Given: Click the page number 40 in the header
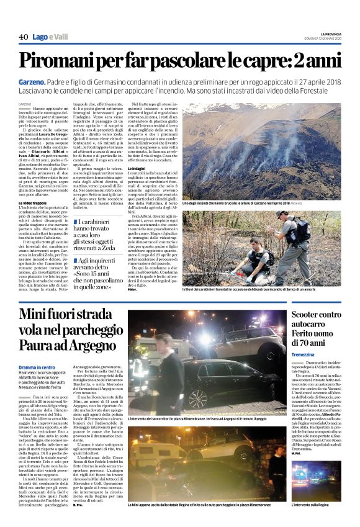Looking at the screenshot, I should coord(24,37).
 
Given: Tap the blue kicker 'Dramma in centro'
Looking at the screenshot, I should coord(37,367).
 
